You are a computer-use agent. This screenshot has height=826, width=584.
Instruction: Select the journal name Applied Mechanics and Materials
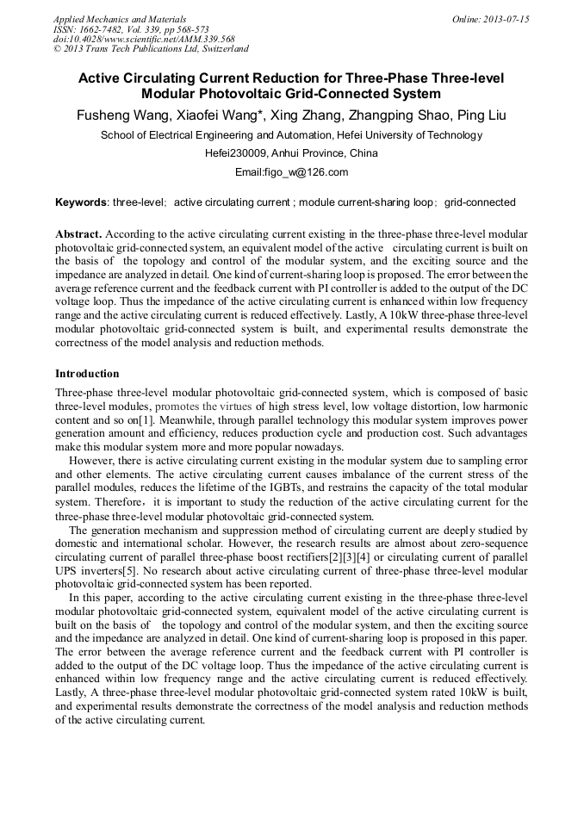(119, 19)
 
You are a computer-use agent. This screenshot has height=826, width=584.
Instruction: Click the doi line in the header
(143, 39)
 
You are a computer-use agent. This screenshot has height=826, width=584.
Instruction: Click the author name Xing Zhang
(304, 115)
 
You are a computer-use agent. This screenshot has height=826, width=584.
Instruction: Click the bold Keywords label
(81, 203)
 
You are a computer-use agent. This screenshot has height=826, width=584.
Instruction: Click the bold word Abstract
(78, 234)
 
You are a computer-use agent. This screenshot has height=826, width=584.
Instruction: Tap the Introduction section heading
(87, 374)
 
